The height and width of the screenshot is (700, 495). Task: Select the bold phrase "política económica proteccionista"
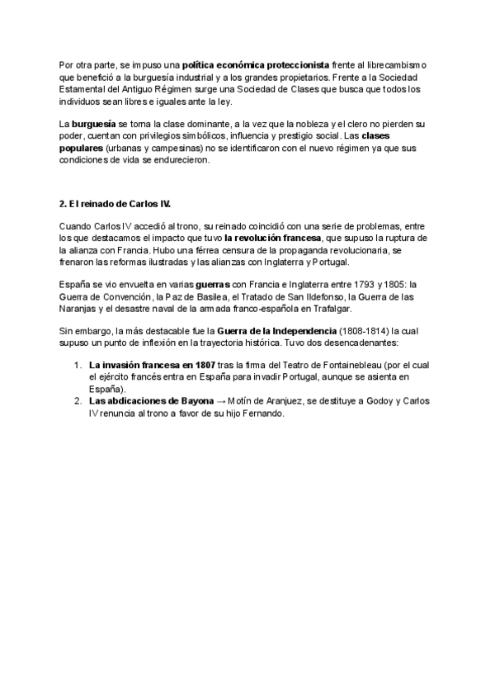tap(256, 64)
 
